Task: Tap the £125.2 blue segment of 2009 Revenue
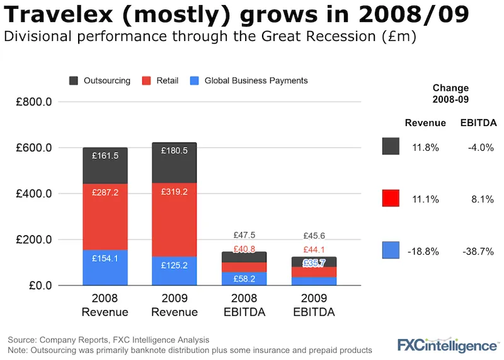pyautogui.click(x=174, y=270)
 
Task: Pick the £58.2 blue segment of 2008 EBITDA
pyautogui.click(x=243, y=278)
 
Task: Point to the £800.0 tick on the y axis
pyautogui.click(x=37, y=102)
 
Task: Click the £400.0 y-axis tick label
pyautogui.click(x=37, y=194)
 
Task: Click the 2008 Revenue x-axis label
pyautogui.click(x=105, y=306)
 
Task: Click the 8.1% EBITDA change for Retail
pyautogui.click(x=483, y=199)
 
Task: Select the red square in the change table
pyautogui.click(x=391, y=199)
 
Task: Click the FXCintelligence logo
pyautogui.click(x=447, y=345)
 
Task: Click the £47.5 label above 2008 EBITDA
pyautogui.click(x=243, y=235)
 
